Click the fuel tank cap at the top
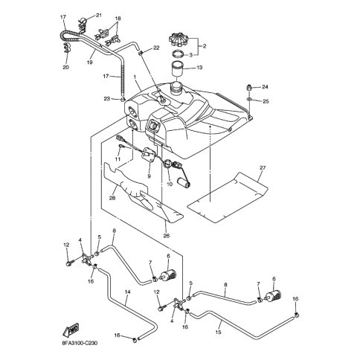[x=179, y=39]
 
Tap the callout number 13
[x=199, y=68]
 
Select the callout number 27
[x=263, y=168]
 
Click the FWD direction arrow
[x=71, y=330]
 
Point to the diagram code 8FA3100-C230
[x=80, y=344]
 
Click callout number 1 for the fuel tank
[x=135, y=77]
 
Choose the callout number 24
[x=265, y=87]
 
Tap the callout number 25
[x=266, y=101]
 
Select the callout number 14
[x=127, y=292]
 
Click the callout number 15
[x=218, y=332]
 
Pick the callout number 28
[x=112, y=199]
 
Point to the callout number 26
[x=167, y=236]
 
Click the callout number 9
[x=149, y=176]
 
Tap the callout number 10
[x=170, y=184]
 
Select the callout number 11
[x=118, y=159]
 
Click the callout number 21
[x=99, y=16]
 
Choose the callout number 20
[x=65, y=67]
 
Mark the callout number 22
[x=156, y=48]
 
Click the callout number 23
[x=106, y=99]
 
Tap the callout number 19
[x=90, y=62]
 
